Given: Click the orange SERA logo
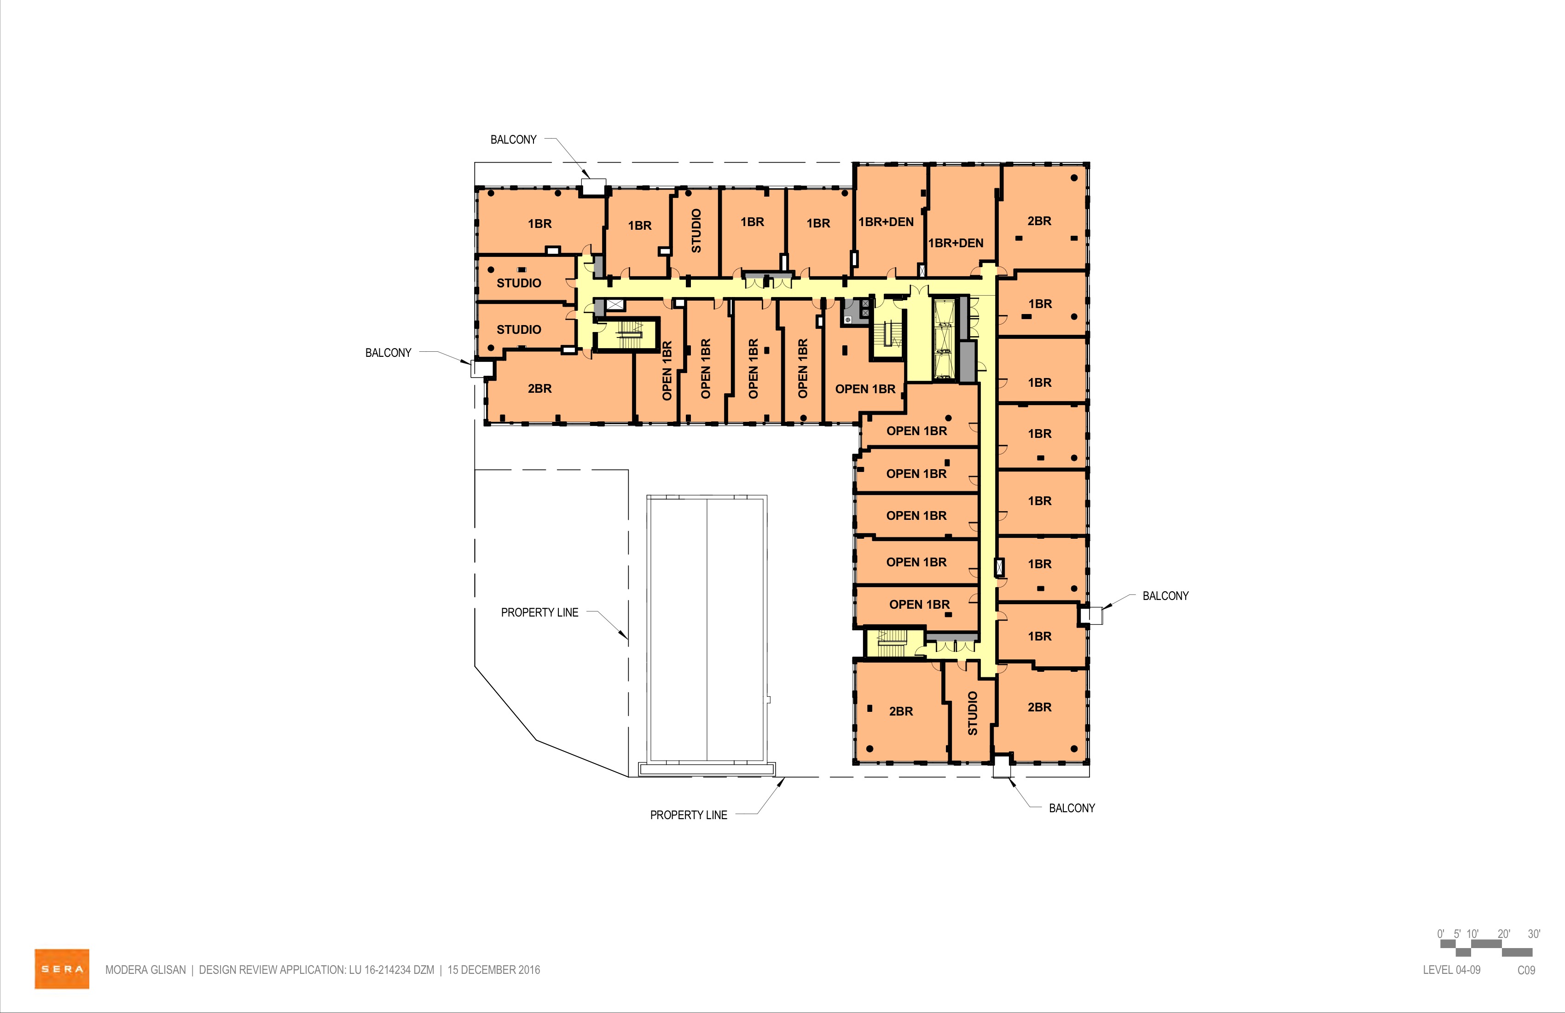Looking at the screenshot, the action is [62, 968].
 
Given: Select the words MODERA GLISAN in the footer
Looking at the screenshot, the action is [145, 970].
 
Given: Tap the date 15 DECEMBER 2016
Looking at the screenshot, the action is [494, 970].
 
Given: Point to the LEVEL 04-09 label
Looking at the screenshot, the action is [1451, 970].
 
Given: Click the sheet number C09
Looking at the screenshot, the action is [1526, 970].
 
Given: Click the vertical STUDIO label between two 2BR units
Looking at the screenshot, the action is [973, 713].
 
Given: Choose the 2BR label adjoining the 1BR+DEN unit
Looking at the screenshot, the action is [1040, 221].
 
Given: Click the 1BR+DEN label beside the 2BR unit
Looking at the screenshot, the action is [956, 243].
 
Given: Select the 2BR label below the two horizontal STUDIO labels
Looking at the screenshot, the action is [540, 389].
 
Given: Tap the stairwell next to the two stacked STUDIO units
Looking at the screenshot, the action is [626, 334].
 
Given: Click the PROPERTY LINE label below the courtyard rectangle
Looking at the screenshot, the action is [689, 815].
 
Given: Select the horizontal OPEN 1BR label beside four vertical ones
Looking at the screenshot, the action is [865, 389].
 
